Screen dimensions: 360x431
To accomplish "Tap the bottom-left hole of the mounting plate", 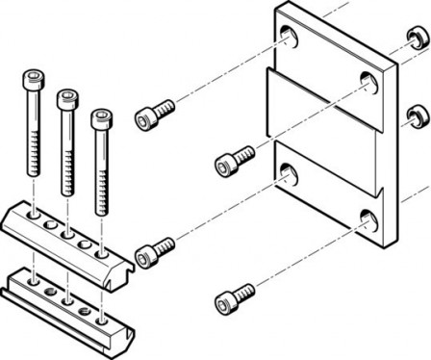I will pyautogui.click(x=287, y=171).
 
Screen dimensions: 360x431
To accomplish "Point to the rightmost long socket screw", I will pyautogui.click(x=99, y=159).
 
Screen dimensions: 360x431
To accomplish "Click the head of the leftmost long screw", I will pyautogui.click(x=35, y=80).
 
